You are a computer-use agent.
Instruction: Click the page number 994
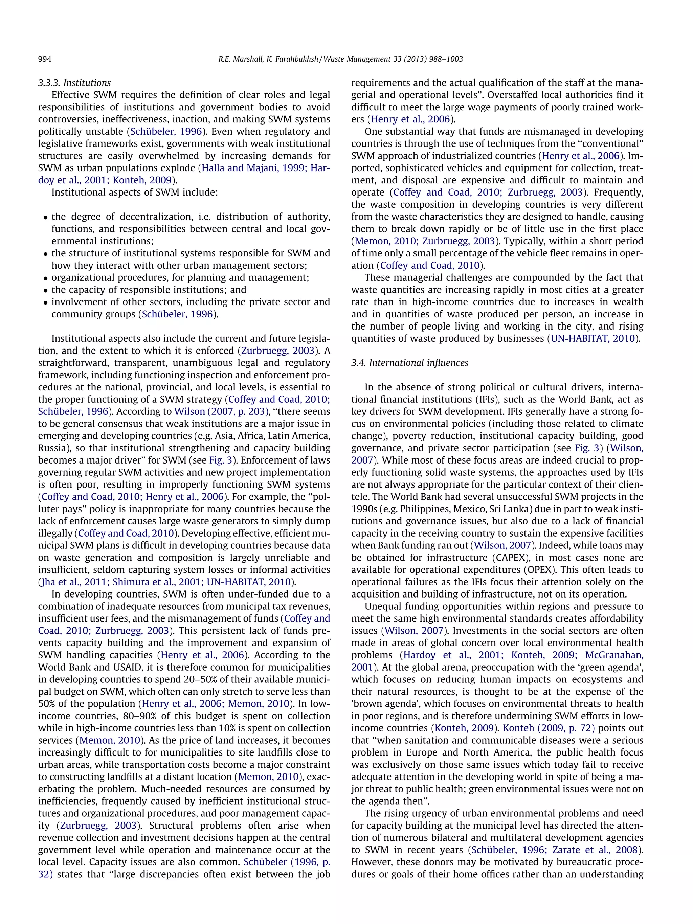(x=45, y=59)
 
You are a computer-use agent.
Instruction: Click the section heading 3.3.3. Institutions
(x=74, y=83)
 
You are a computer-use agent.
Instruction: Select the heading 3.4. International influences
(x=409, y=363)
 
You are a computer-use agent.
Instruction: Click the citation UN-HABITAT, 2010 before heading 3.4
(x=593, y=338)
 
